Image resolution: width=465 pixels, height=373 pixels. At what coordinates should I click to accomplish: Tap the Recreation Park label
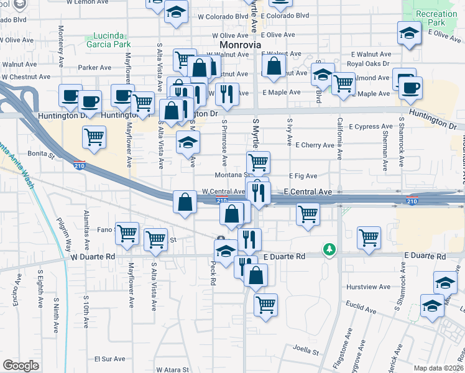437,19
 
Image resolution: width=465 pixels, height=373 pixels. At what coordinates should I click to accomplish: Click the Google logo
21,366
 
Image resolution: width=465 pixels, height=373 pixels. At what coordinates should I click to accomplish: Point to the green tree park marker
329,249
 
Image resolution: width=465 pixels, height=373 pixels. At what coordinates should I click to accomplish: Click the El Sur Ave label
110,359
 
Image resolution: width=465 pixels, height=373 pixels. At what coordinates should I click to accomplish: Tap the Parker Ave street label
94,68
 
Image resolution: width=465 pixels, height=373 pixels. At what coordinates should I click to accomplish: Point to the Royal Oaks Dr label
368,63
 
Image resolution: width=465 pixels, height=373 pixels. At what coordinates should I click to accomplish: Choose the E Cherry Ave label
315,145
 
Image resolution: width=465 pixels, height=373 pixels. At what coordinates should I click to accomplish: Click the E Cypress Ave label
371,127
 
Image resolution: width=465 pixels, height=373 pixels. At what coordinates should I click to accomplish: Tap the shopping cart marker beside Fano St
127,234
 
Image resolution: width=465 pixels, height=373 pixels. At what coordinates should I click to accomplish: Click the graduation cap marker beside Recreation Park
409,34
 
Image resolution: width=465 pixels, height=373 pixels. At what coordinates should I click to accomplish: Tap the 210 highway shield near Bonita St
83,167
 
